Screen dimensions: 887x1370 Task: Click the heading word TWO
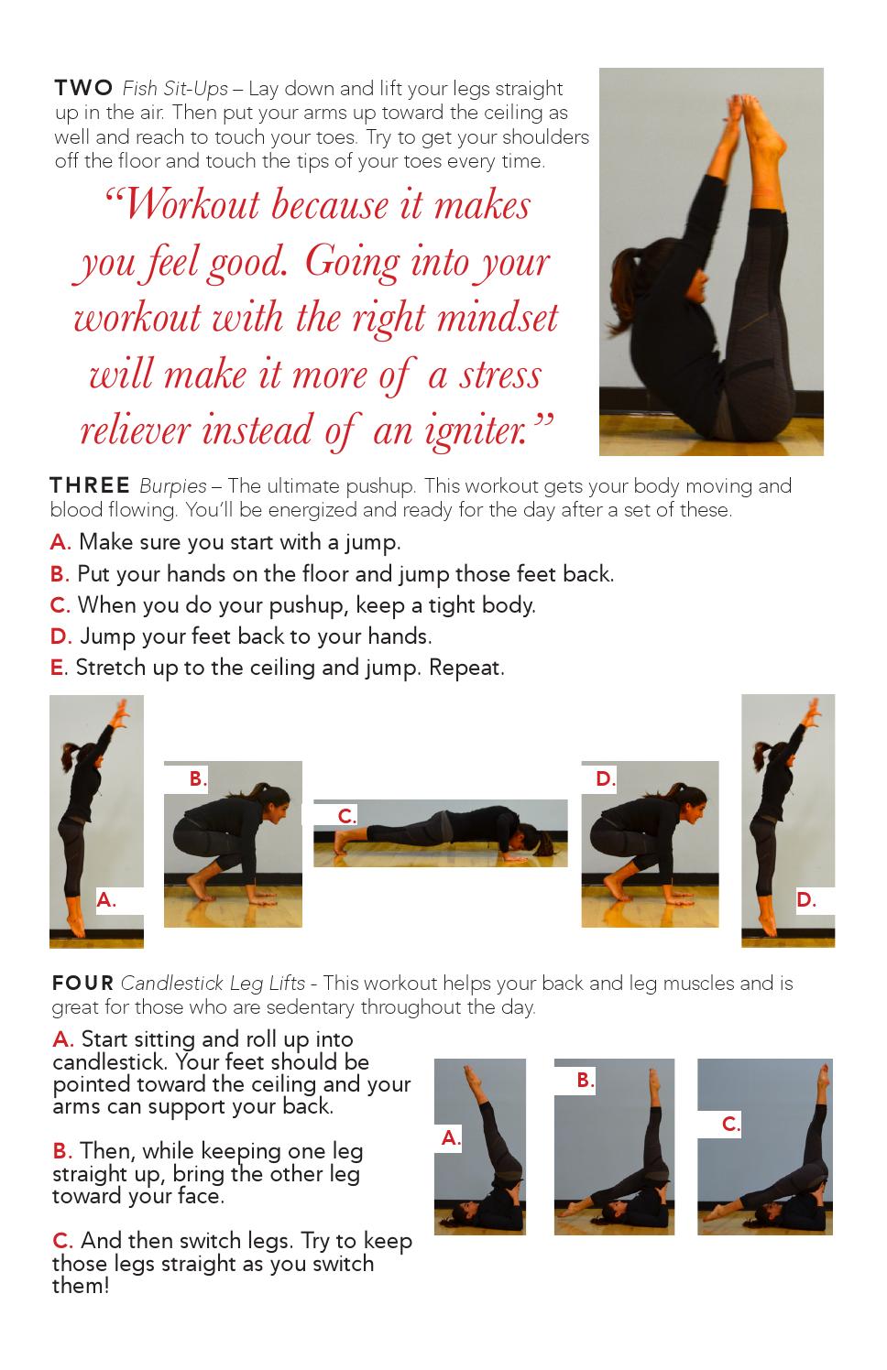[x=83, y=88]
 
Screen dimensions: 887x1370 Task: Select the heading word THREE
[x=90, y=485]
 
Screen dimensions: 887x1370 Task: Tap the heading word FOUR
[x=82, y=984]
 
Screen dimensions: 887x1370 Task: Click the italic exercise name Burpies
[x=173, y=486]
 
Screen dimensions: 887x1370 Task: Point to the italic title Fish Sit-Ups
[x=175, y=90]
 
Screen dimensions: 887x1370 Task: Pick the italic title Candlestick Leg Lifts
[x=213, y=984]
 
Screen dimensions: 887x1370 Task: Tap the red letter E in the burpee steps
[x=57, y=668]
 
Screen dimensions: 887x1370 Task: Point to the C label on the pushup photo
[x=346, y=816]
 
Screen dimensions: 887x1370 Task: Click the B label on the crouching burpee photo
[x=198, y=778]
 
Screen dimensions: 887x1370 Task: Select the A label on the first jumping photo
[x=106, y=899]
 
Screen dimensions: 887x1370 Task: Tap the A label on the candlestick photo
[x=451, y=1138]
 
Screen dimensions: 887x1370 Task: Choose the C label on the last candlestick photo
[x=731, y=1125]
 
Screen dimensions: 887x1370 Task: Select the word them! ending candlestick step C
[x=81, y=1286]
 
